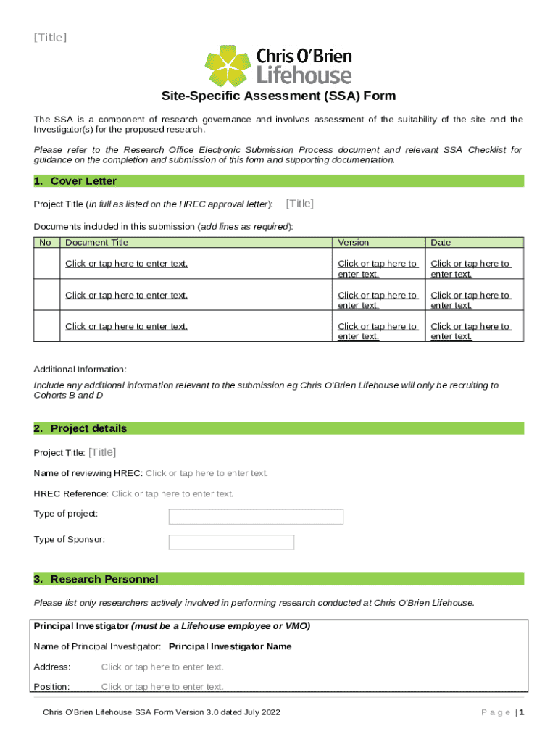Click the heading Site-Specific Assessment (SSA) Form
click(x=278, y=96)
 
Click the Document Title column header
click(x=96, y=243)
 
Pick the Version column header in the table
click(x=353, y=243)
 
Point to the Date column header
click(x=441, y=243)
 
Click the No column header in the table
click(x=45, y=243)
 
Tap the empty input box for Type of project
click(x=256, y=517)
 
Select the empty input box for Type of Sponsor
click(x=231, y=542)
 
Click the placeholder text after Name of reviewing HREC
click(x=207, y=474)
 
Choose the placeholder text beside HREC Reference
click(x=172, y=494)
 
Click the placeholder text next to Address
click(x=162, y=667)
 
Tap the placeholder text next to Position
click(x=162, y=687)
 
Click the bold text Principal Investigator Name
click(x=230, y=646)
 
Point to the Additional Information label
click(x=80, y=370)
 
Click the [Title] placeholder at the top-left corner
click(x=50, y=37)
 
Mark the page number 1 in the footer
click(x=521, y=713)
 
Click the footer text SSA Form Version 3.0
click(x=161, y=713)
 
